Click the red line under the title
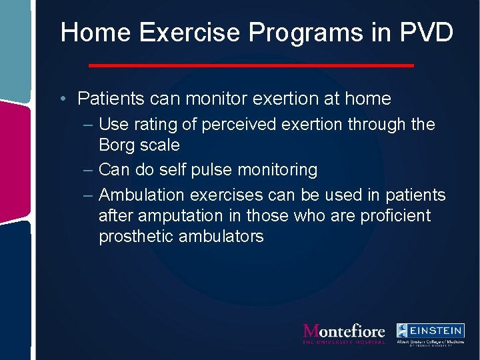[251, 65]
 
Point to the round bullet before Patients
[62, 99]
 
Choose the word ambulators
[221, 237]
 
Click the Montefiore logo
[344, 333]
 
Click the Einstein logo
[430, 334]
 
